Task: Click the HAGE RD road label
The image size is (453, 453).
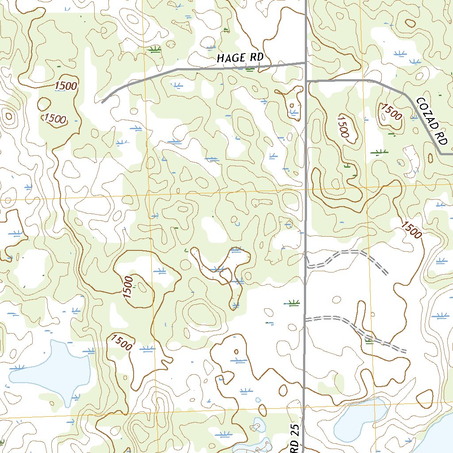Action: [x=240, y=58]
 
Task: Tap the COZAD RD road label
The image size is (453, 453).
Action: [x=432, y=120]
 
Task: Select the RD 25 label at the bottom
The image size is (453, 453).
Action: [x=296, y=438]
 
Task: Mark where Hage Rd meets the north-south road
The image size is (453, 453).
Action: [x=306, y=63]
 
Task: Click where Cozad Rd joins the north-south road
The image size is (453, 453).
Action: [x=307, y=81]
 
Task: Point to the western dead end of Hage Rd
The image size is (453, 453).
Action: [x=102, y=103]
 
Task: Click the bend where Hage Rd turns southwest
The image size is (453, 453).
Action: [x=177, y=69]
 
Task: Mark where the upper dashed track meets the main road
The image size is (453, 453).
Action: [x=306, y=266]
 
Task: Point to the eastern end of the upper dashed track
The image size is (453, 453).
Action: [x=388, y=273]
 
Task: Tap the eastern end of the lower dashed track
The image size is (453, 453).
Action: [x=406, y=350]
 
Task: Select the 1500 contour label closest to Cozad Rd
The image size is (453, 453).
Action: [x=391, y=112]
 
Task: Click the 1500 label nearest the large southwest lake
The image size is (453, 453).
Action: [x=122, y=342]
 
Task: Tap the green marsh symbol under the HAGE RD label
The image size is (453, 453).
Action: [x=250, y=69]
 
